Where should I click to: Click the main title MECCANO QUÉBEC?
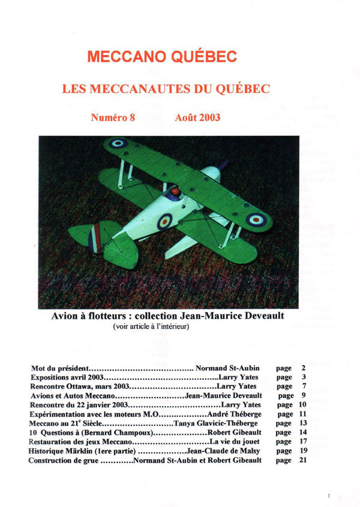click(161, 57)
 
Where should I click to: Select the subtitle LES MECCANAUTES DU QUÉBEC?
click(166, 89)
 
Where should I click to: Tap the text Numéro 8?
click(113, 118)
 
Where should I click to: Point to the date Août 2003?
click(197, 118)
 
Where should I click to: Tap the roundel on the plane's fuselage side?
click(164, 221)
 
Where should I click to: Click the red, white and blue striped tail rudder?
click(94, 236)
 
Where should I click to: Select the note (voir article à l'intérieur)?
click(151, 326)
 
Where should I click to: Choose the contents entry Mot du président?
click(60, 368)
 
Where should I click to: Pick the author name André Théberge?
click(235, 414)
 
